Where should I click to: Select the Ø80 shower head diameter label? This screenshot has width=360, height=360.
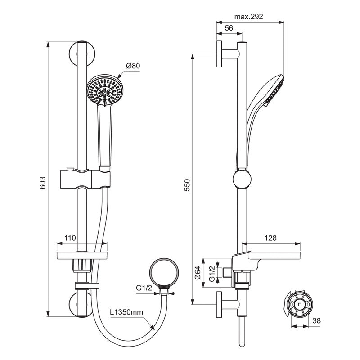[133, 66]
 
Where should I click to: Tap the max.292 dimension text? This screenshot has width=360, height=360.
[248, 17]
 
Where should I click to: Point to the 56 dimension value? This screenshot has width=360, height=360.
[228, 28]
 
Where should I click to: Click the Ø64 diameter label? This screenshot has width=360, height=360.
[198, 273]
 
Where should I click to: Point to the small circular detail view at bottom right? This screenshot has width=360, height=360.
[299, 305]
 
